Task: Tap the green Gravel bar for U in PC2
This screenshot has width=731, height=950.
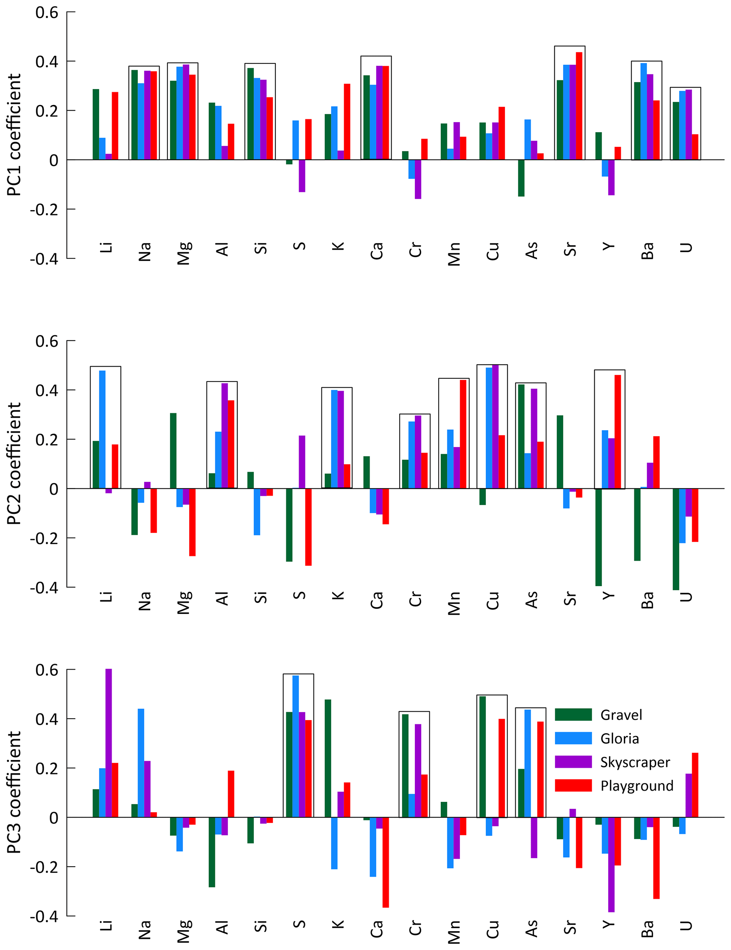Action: pyautogui.click(x=675, y=539)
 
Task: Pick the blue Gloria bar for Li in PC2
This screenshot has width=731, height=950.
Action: pyautogui.click(x=102, y=429)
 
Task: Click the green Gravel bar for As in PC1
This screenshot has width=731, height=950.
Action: pyautogui.click(x=521, y=178)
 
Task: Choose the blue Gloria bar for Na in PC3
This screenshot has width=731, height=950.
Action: pyautogui.click(x=141, y=763)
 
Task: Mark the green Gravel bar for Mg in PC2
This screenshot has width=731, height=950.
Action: pyautogui.click(x=173, y=451)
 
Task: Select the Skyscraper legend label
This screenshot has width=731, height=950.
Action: pyautogui.click(x=634, y=762)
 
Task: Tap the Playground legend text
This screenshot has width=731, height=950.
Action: pyautogui.click(x=637, y=786)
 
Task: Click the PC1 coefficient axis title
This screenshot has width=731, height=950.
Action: pyautogui.click(x=14, y=135)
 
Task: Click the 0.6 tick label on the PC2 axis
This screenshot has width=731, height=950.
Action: pyautogui.click(x=47, y=341)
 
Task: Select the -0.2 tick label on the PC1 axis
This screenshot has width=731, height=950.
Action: pyautogui.click(x=44, y=210)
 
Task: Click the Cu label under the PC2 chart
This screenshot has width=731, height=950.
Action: pyautogui.click(x=492, y=600)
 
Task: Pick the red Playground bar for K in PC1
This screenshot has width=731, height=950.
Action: pyautogui.click(x=347, y=122)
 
